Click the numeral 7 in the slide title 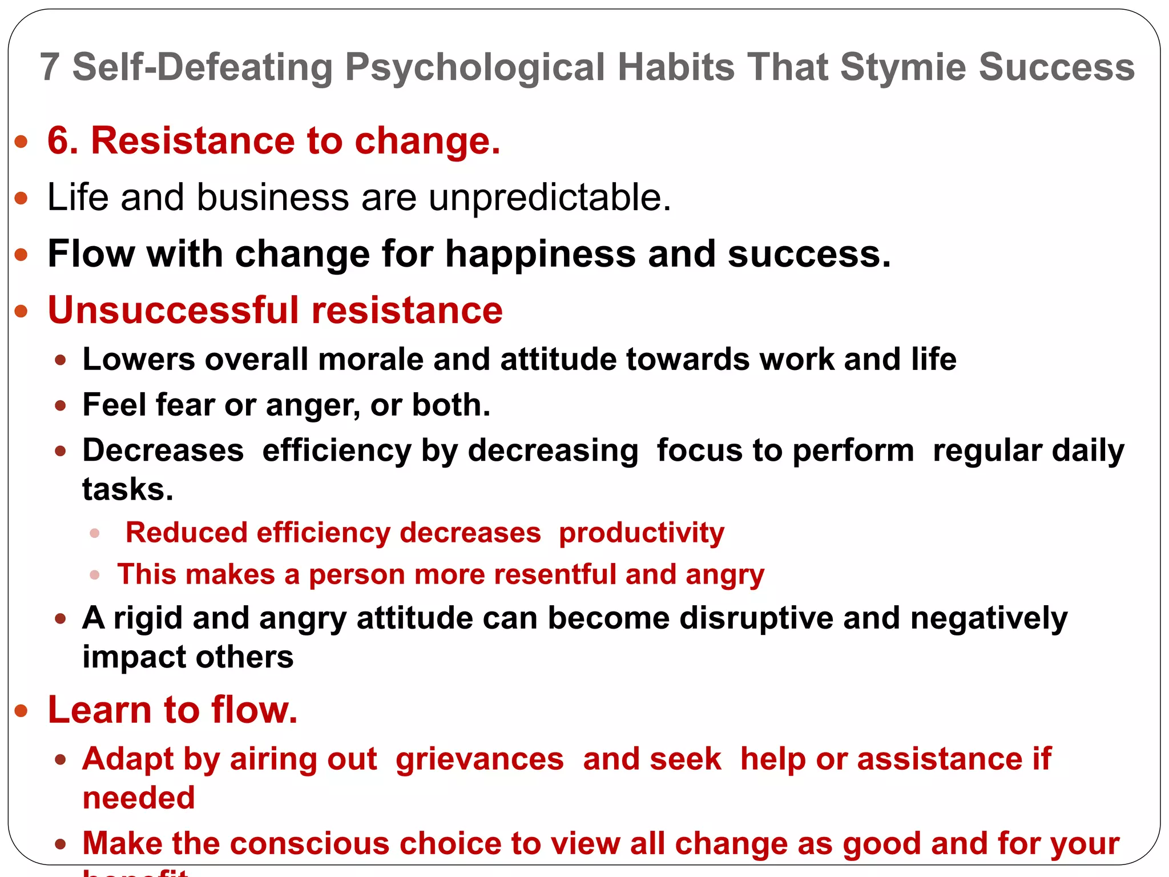coord(50,67)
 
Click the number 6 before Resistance coord(62,140)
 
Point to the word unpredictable coord(549,198)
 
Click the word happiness coord(540,254)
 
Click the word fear coord(186,405)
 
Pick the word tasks coord(127,489)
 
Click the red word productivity coord(641,533)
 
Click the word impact coord(133,657)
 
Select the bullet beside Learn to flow coord(21,711)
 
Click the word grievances coord(479,759)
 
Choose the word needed coord(138,798)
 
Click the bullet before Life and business coord(21,198)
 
